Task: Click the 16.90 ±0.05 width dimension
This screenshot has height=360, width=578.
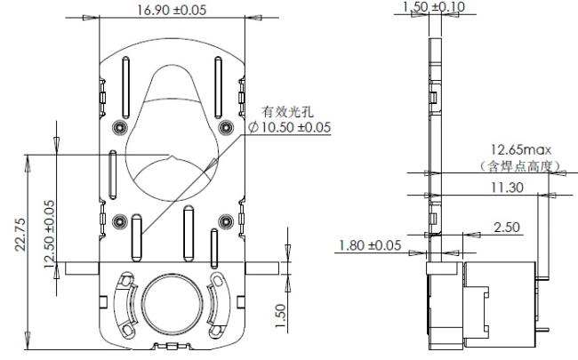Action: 172,10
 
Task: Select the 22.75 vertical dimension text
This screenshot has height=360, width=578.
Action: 20,235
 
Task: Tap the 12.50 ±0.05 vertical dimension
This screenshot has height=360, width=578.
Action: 49,234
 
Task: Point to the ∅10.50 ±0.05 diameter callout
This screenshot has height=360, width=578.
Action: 289,127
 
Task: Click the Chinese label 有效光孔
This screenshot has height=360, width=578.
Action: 288,111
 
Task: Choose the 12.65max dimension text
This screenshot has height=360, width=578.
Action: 521,149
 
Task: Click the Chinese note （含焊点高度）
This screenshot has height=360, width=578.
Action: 520,166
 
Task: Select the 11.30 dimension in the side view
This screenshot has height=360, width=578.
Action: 507,188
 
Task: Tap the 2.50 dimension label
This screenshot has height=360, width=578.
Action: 507,228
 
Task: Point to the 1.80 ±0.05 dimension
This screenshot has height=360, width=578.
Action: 370,245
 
